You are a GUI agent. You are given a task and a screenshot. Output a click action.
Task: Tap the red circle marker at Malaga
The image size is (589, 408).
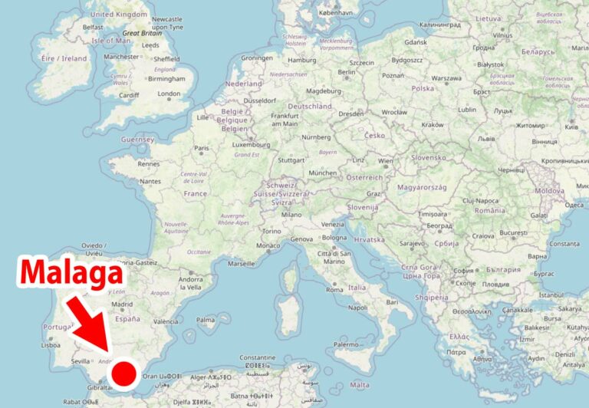pos(124,374)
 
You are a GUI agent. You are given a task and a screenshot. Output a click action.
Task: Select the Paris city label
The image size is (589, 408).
pos(202,148)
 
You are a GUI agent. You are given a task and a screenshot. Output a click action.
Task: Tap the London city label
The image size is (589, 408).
pos(169,94)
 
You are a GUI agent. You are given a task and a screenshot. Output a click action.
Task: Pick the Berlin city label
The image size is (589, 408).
pos(347,73)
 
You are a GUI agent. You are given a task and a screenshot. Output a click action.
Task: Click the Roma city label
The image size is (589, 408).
pos(334,289)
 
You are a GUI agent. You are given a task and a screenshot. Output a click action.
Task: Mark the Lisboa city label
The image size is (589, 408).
pos(51,345)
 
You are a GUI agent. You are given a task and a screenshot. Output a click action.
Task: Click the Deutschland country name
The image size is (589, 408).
pos(310,106)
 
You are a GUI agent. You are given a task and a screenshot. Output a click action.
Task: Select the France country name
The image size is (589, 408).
pos(196,194)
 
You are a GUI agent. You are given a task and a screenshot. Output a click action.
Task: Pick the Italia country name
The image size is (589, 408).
pos(357,288)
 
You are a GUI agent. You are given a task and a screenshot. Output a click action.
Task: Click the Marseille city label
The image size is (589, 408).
pos(242,263)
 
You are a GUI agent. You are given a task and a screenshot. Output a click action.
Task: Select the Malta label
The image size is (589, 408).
pos(359,385)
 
